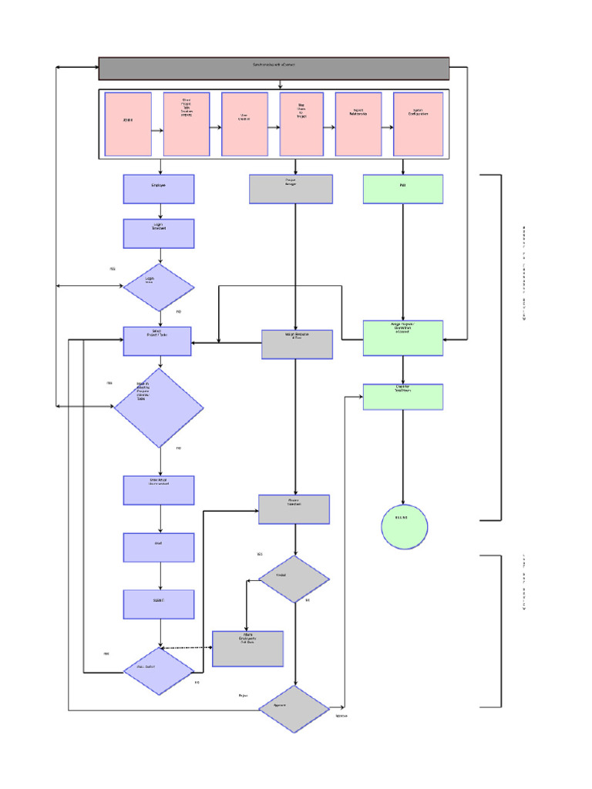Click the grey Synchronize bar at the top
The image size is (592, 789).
[274, 69]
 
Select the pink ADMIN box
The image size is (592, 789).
[128, 124]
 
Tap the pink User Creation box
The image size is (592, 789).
[244, 124]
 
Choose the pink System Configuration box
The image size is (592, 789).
[418, 124]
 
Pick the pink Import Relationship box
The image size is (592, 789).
[358, 124]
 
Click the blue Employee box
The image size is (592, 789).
[159, 189]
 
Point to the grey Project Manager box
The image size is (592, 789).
[291, 189]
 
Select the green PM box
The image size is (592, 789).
[403, 189]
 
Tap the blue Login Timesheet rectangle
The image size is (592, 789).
[159, 233]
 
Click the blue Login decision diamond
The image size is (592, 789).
[159, 287]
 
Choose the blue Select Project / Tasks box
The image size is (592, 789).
[157, 341]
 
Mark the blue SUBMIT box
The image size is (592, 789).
[159, 604]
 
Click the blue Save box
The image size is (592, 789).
[159, 547]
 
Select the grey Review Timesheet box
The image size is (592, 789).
[294, 509]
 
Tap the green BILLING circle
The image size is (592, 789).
[404, 527]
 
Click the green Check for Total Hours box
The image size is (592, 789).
[403, 397]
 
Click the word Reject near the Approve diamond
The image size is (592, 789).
[243, 696]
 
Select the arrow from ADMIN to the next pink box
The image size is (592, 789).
[157, 130]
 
